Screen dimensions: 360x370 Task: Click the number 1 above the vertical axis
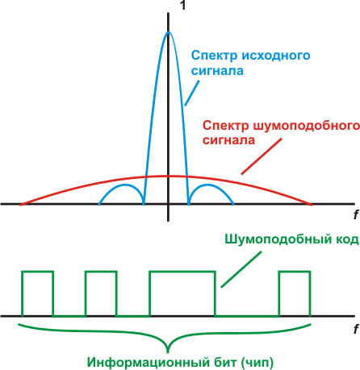(x=183, y=5)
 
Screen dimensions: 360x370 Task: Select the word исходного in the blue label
(x=276, y=56)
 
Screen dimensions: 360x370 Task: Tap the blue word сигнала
(x=217, y=71)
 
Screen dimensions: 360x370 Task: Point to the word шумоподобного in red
(x=307, y=126)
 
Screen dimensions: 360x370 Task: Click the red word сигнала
(x=228, y=140)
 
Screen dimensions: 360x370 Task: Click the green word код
(x=346, y=239)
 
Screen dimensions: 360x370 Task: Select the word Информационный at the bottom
(x=148, y=363)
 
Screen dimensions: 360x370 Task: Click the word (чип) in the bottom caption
(x=257, y=363)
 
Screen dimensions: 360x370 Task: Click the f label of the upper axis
(x=356, y=214)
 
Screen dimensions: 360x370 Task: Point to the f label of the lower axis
(x=356, y=329)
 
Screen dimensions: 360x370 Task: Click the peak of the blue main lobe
(x=169, y=32)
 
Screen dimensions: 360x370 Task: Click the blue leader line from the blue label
(x=192, y=93)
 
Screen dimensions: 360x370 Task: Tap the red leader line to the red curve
(x=262, y=156)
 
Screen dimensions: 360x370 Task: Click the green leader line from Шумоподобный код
(x=241, y=269)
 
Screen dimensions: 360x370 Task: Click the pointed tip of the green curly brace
(x=168, y=352)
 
